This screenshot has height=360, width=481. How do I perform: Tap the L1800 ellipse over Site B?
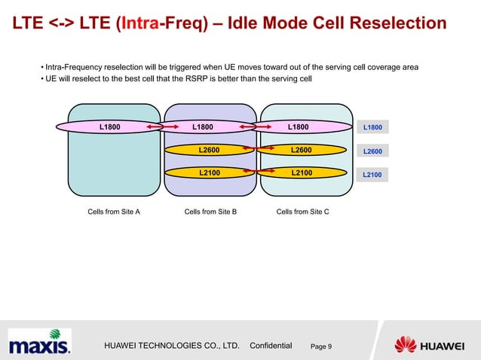coord(202,127)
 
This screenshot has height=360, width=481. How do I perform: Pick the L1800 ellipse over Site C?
coord(298,127)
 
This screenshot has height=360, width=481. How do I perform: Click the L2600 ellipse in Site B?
coord(209,150)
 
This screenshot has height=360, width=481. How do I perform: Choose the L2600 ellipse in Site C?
coord(301,150)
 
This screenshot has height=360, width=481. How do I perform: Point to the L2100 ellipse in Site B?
coord(209,172)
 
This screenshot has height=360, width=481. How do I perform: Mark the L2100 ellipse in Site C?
coord(301,172)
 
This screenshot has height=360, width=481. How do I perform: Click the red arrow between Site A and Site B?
coord(156,127)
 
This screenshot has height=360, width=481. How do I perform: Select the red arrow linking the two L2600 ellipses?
coord(256,150)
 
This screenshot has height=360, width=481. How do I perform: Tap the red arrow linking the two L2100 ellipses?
coord(256,173)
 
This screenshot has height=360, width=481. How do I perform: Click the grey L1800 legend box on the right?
coord(372,128)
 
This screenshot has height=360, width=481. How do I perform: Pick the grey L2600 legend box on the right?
coord(372,151)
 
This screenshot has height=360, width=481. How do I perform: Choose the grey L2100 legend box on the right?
coord(372,175)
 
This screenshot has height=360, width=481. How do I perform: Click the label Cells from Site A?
coord(114,212)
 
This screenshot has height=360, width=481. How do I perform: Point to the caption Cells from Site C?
coord(302,212)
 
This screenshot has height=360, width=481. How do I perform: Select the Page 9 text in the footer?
coord(326,346)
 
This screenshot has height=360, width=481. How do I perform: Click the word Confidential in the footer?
coord(270,345)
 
